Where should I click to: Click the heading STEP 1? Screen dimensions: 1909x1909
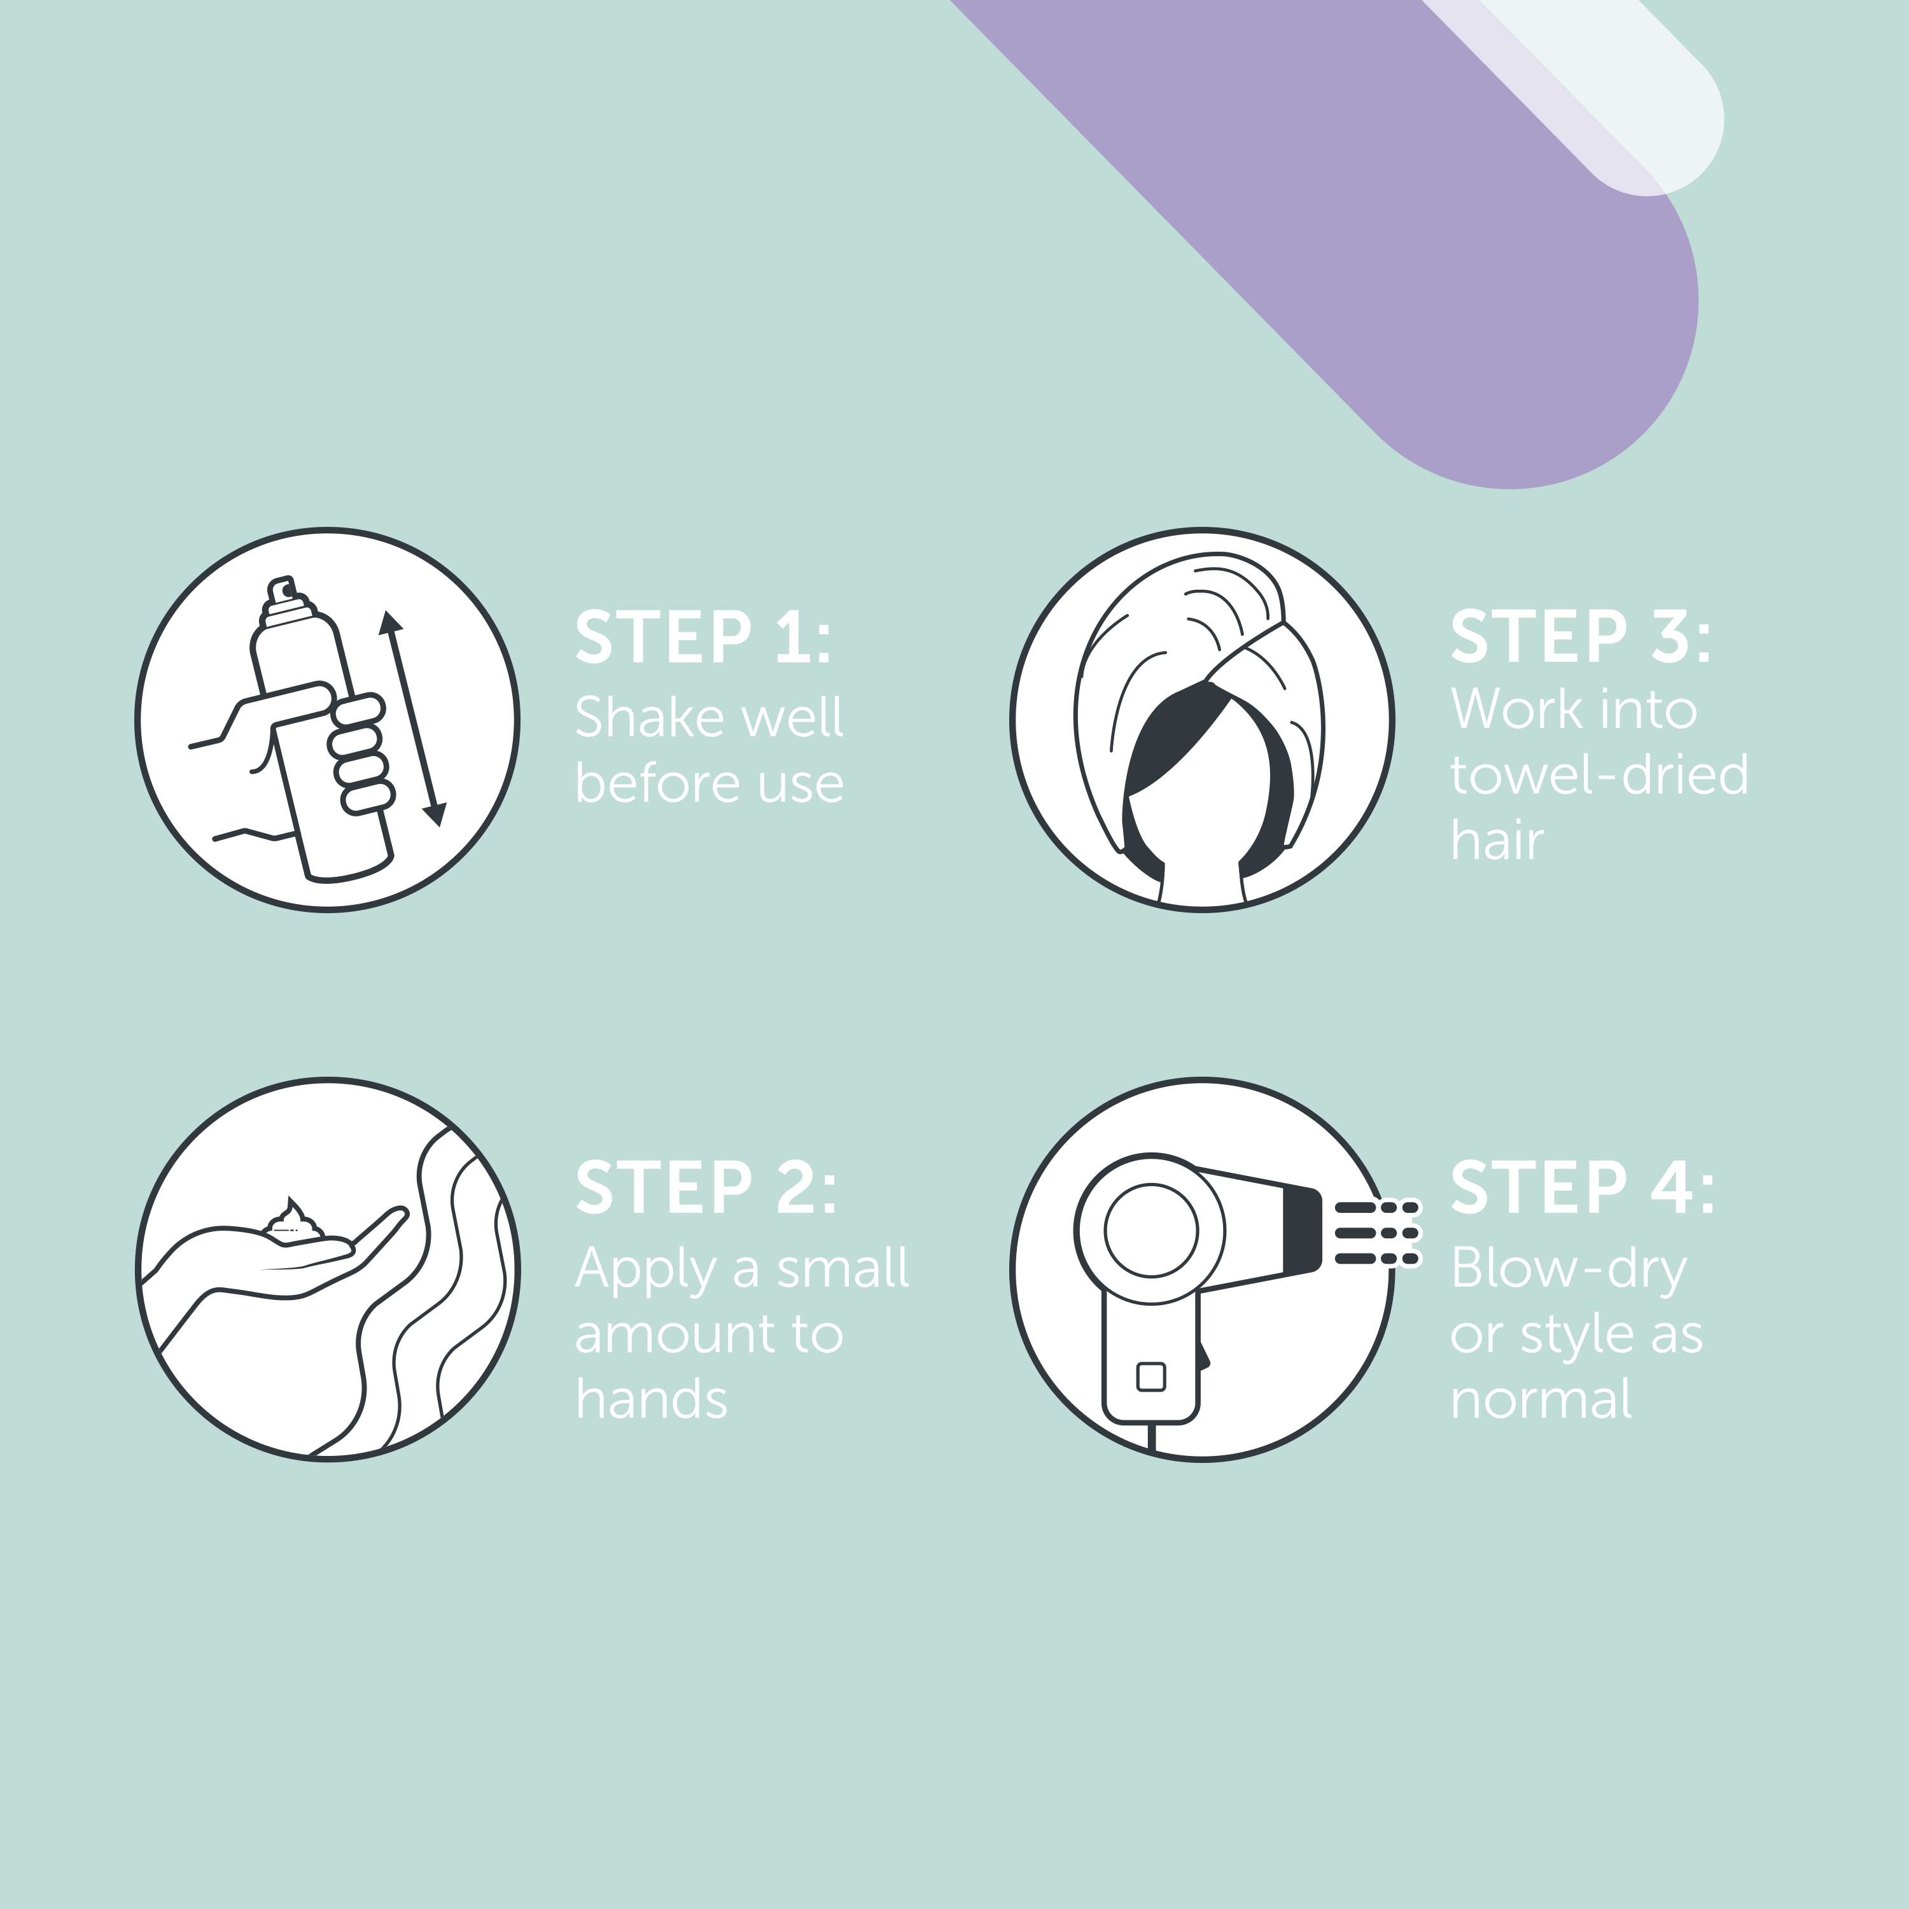(704, 638)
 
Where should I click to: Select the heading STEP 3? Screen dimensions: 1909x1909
(1581, 638)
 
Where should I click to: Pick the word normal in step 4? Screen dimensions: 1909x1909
(1541, 1399)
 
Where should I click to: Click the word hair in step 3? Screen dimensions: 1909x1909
(1496, 841)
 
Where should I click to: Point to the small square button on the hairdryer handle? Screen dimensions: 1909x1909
(1151, 1376)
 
